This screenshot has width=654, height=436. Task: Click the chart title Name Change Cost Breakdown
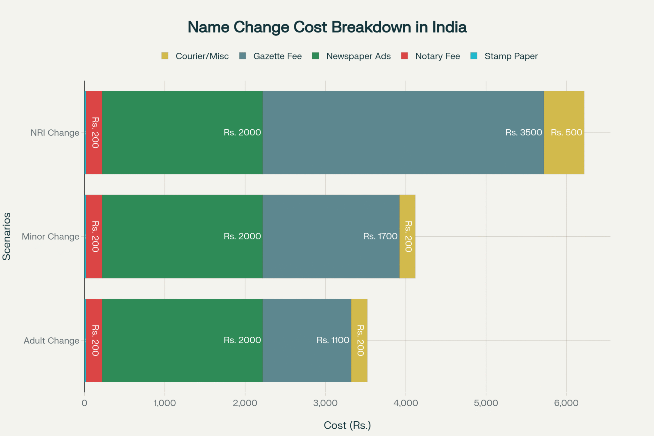[327, 27]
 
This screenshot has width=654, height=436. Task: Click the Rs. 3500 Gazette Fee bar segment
[403, 133]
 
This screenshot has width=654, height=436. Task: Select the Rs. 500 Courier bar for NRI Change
[564, 133]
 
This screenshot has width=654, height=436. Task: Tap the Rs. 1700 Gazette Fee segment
[331, 236]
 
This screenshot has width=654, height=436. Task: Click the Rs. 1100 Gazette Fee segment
[307, 340]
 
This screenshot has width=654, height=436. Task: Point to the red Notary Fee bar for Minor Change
[94, 236]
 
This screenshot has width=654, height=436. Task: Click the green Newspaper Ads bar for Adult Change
[182, 340]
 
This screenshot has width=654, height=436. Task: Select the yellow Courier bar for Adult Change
[359, 340]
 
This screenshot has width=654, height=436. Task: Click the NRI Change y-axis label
[55, 133]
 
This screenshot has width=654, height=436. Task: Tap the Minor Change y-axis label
[50, 236]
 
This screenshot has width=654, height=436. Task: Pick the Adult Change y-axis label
[51, 340]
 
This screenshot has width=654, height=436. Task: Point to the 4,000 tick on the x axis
[406, 403]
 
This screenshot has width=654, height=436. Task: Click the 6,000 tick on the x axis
[566, 403]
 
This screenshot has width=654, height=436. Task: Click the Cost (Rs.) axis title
[347, 425]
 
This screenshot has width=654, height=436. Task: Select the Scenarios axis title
[7, 236]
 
